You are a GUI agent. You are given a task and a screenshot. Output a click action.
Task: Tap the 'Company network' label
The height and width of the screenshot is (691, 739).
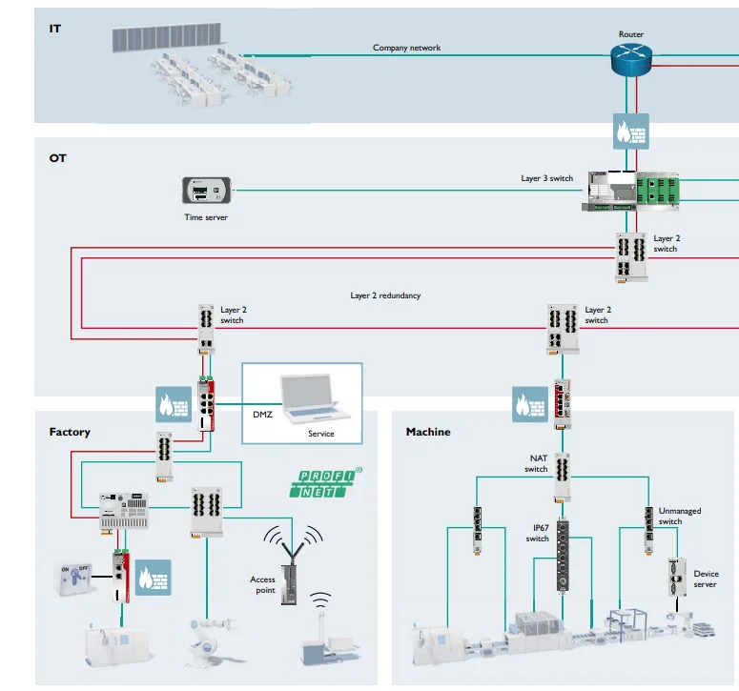click(x=406, y=48)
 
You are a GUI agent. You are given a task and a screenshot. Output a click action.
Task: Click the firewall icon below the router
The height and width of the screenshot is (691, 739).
click(x=631, y=129)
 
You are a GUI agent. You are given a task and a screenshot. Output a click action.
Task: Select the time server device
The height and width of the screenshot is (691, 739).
click(x=207, y=191)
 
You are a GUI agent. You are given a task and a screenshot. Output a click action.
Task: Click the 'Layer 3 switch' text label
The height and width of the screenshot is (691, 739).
click(x=546, y=178)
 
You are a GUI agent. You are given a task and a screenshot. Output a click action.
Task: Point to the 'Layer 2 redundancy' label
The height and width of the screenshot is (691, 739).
click(x=385, y=295)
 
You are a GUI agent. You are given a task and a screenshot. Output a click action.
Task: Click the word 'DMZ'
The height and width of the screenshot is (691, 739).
click(x=262, y=415)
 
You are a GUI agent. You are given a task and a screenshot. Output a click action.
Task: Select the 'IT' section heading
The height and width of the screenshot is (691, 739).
click(x=55, y=30)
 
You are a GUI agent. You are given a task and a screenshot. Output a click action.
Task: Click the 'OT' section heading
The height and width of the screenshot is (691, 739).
click(x=58, y=157)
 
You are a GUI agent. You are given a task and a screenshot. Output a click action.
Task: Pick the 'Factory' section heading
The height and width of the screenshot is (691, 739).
click(x=70, y=432)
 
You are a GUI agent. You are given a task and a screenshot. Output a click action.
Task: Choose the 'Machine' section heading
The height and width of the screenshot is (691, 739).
click(x=428, y=432)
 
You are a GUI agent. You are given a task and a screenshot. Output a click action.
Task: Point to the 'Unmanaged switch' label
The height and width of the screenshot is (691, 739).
click(x=679, y=516)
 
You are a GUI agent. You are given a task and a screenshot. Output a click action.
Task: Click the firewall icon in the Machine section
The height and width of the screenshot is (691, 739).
click(x=531, y=402)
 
